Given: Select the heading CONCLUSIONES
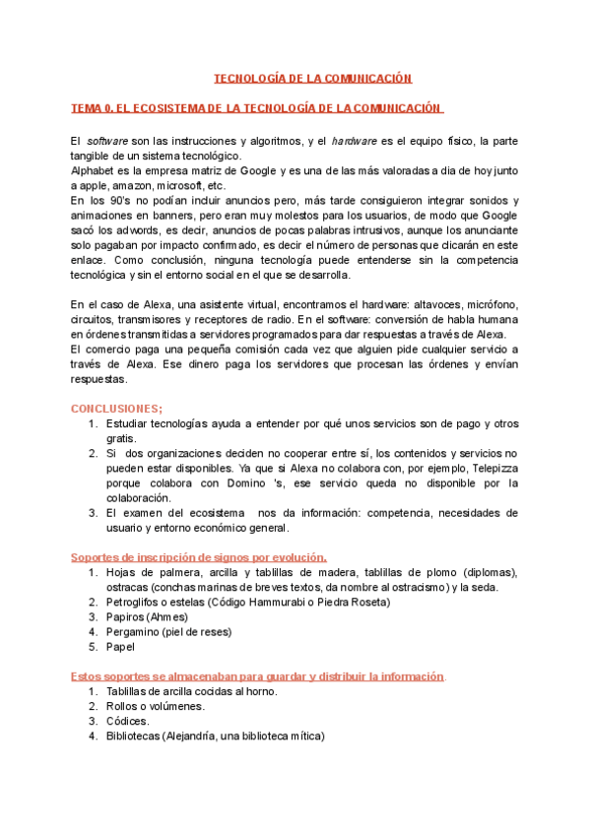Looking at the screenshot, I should (x=116, y=408).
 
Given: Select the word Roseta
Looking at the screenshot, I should (x=368, y=602).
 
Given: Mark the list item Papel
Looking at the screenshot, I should (x=120, y=647).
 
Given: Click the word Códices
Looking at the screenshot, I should (x=128, y=721).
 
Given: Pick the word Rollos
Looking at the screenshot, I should (x=124, y=706).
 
